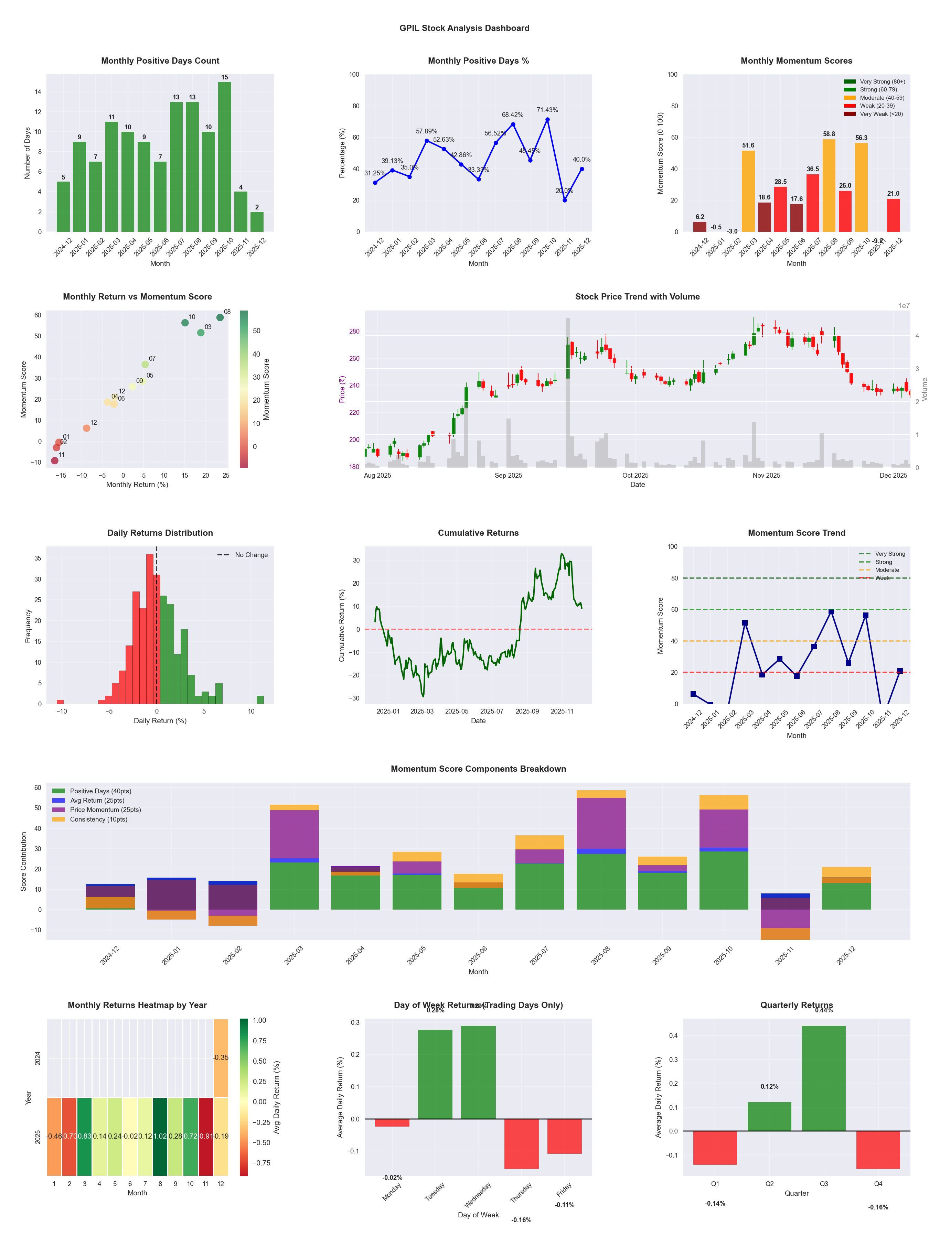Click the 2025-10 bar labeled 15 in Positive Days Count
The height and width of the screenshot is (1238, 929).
click(x=225, y=157)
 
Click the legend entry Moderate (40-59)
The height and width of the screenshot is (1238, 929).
click(x=882, y=97)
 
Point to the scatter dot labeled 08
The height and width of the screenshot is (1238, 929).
click(x=220, y=317)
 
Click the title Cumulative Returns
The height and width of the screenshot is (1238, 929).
click(x=478, y=533)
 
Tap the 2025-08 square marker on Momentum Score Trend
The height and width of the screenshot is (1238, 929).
click(x=831, y=612)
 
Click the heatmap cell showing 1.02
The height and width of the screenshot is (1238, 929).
click(x=160, y=1136)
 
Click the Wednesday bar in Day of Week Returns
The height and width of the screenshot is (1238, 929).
click(x=478, y=1072)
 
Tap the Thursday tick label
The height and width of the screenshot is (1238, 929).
click(x=521, y=1192)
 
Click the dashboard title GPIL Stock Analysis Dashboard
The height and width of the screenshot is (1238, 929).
click(x=464, y=28)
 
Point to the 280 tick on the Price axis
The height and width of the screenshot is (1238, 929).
click(x=354, y=331)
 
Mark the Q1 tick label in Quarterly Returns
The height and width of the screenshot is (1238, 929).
click(x=715, y=1184)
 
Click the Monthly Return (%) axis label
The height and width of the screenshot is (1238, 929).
click(x=137, y=484)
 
